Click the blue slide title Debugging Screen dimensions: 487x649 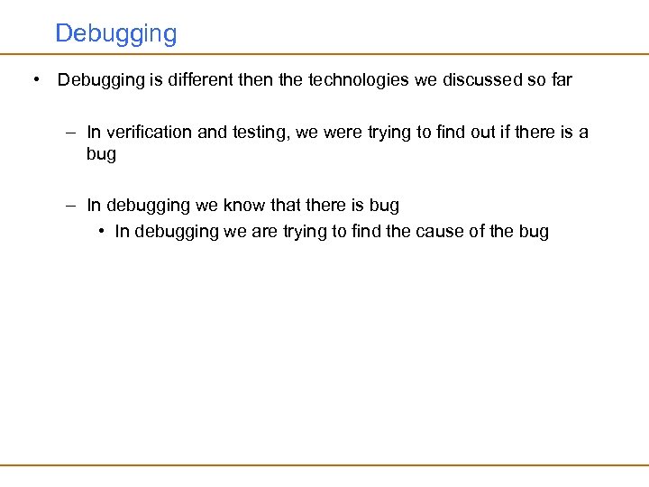click(115, 34)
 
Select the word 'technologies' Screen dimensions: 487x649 click(359, 79)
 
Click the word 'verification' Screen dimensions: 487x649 click(149, 133)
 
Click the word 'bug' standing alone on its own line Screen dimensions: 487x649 click(101, 154)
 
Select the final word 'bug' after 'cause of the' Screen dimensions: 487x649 click(534, 233)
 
